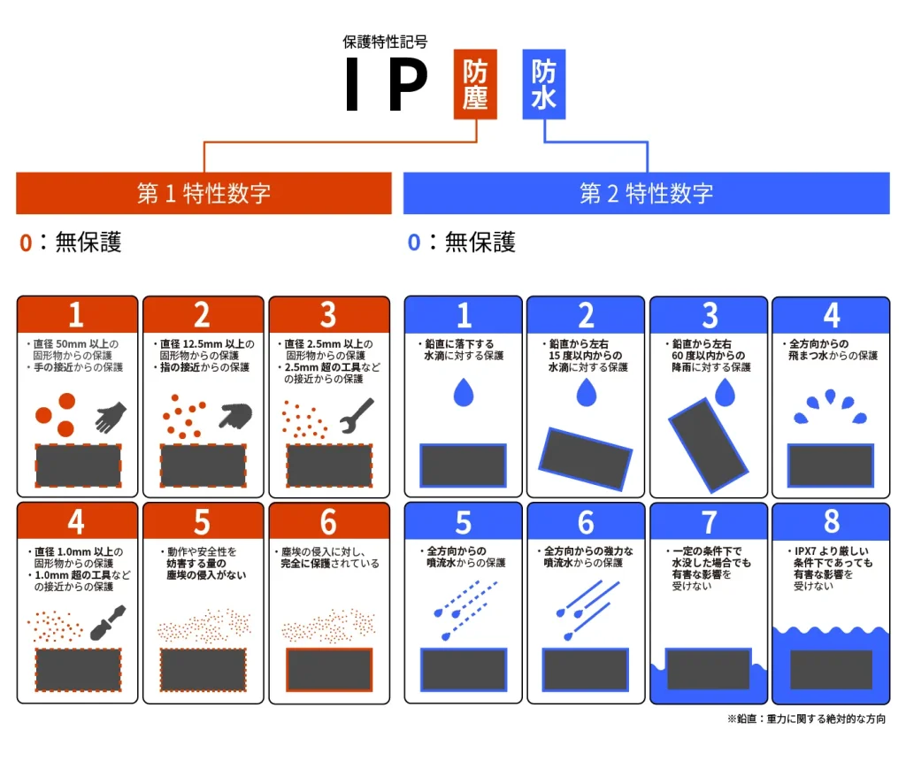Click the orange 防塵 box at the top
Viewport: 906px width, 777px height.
475,85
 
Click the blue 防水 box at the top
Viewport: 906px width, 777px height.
544,85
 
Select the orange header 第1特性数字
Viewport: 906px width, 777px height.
203,193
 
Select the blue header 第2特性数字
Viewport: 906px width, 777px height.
646,193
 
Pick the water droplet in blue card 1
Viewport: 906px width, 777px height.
464,392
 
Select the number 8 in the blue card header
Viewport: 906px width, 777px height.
831,522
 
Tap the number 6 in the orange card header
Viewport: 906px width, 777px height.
328,522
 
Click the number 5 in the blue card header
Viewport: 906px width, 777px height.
464,522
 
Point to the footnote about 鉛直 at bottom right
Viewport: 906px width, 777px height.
806,719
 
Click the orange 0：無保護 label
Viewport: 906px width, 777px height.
71,242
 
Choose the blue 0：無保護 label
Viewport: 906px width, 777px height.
461,242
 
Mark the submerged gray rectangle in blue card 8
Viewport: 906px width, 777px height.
831,670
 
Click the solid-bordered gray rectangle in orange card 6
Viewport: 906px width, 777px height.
328,670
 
